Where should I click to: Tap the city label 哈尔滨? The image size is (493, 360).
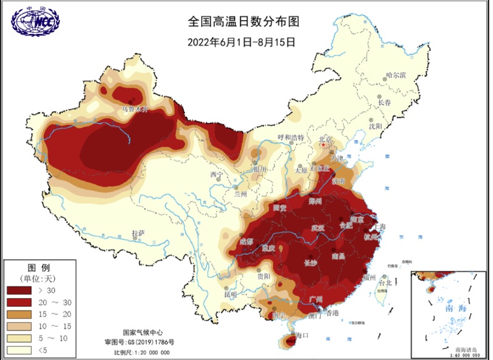click(396, 75)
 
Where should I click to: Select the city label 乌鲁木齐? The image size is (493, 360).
click(135, 109)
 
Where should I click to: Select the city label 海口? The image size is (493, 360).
click(302, 335)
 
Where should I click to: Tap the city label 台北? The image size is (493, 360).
click(385, 283)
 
